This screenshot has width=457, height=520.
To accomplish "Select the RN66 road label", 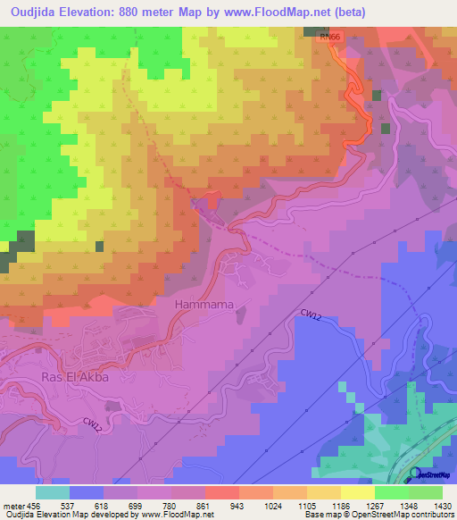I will tap(329, 37).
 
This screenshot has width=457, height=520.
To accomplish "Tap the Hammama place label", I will tap(204, 305).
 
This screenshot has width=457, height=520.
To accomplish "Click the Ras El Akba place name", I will tap(75, 377).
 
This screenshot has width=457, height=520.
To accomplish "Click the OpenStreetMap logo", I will tap(431, 473).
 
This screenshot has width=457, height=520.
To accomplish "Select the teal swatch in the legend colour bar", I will tap(52, 492).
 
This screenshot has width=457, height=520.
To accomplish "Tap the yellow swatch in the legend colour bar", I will tap(357, 492).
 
